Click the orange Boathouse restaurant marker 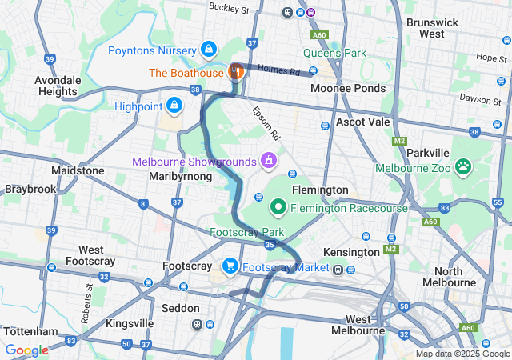tap(236, 72)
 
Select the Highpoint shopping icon tap(174, 105)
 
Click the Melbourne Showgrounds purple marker tap(268, 160)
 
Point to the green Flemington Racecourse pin tap(279, 208)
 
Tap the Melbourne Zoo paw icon tap(462, 167)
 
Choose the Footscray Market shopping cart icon tap(230, 266)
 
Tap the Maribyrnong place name tap(180, 175)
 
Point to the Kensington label tap(351, 252)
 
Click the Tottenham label tap(30, 331)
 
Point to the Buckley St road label tap(229, 8)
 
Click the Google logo tap(26, 350)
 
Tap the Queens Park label tap(334, 54)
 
